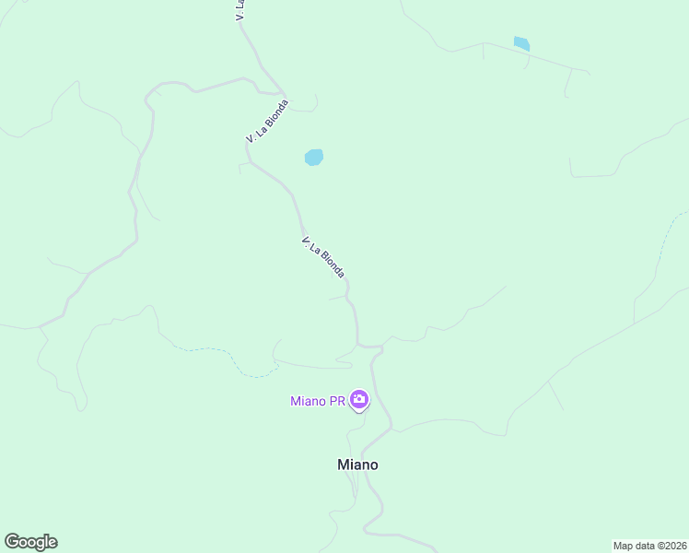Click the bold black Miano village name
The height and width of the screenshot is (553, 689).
tap(357, 465)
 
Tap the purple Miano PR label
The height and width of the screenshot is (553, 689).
tap(317, 401)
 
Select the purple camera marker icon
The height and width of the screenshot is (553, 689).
tap(358, 400)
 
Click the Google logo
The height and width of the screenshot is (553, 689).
tap(30, 542)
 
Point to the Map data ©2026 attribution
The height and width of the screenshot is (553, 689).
tap(650, 545)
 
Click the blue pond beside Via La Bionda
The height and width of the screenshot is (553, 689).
tap(314, 158)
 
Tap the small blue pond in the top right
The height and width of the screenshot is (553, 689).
tap(521, 43)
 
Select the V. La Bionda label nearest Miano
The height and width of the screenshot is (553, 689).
tap(323, 257)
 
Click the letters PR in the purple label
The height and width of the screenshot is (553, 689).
tap(336, 401)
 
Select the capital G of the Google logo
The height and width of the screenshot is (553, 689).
tap(12, 541)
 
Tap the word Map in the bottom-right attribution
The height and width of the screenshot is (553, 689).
tap(624, 545)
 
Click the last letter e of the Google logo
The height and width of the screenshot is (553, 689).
tap(52, 543)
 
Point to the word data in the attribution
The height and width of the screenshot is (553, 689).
tap(645, 545)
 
